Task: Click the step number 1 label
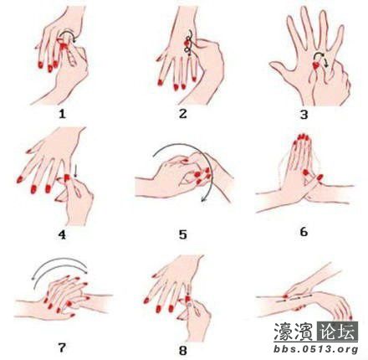pos(62,114)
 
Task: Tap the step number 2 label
pos(182,114)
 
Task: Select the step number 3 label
pos(304,115)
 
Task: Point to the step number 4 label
pos(62,234)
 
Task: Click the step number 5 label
pos(182,234)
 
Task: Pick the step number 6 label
pos(304,232)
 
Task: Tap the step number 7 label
pos(62,347)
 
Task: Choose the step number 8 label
pos(182,351)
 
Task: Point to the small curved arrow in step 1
pos(68,33)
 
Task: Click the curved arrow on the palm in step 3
pos(320,56)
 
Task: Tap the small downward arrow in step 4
pos(76,172)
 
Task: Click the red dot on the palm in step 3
pos(316,66)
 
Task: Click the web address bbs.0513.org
pos(316,349)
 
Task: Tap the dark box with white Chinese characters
pos(338,332)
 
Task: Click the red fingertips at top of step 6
pos(303,137)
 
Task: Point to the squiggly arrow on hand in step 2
pos(189,43)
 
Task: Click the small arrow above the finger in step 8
pos(189,290)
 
